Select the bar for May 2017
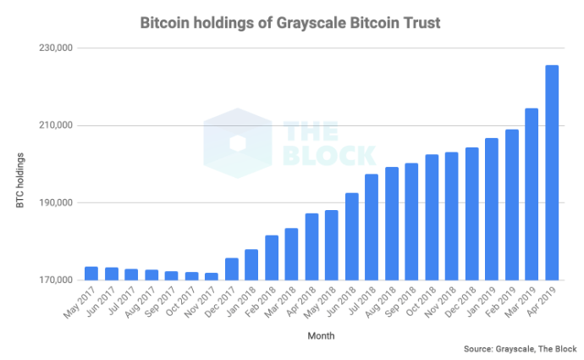coord(91,274)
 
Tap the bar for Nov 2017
coord(212,276)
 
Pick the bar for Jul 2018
coord(371,227)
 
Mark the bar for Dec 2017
coord(231,269)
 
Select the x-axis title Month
coord(321,335)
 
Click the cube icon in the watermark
coord(238,143)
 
